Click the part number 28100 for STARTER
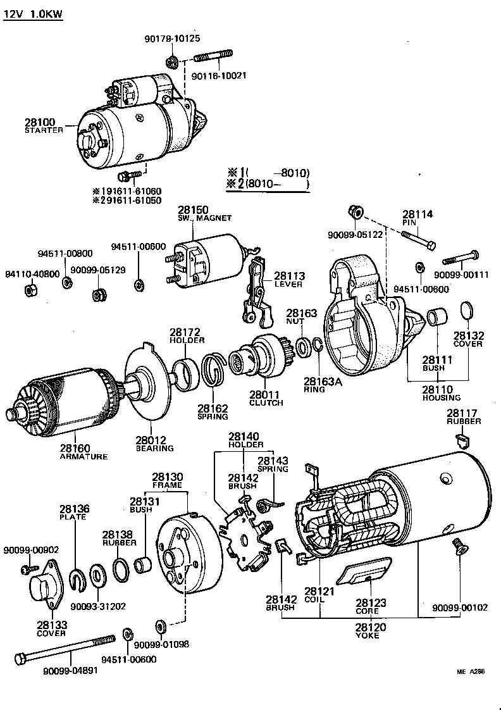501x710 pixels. (x=40, y=122)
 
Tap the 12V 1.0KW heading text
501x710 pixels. (x=33, y=14)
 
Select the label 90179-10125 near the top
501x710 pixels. (x=172, y=39)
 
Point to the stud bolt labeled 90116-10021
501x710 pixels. (x=214, y=56)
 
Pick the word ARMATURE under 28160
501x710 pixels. (x=83, y=456)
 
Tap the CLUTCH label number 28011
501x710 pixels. (x=264, y=395)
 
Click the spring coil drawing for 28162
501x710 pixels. (x=214, y=370)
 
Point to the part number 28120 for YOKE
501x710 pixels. (x=370, y=628)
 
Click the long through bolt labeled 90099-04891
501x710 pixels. (x=65, y=649)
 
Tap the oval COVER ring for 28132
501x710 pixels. (x=467, y=310)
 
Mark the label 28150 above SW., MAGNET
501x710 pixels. (x=193, y=209)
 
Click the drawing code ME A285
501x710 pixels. (x=471, y=671)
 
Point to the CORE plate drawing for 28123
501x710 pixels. (x=364, y=573)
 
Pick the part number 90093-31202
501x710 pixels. (x=98, y=606)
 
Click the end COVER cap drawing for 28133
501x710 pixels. (x=46, y=585)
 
